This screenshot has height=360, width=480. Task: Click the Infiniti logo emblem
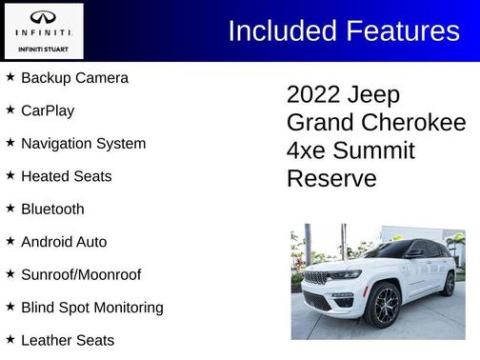tap(43, 18)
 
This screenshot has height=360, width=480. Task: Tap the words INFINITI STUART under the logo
tap(43, 48)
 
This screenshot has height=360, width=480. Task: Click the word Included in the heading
tap(282, 30)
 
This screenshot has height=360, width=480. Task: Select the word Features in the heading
tap(400, 30)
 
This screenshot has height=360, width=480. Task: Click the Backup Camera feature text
tap(74, 78)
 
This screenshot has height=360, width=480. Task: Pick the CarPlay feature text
tap(48, 110)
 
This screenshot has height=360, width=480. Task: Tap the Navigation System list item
tap(83, 144)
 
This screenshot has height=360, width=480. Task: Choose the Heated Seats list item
tap(66, 176)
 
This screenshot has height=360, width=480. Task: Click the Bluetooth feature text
tap(52, 209)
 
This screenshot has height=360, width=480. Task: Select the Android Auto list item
tap(64, 242)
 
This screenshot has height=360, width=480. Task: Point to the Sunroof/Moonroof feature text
tap(81, 274)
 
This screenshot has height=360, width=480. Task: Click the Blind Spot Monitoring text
tap(91, 308)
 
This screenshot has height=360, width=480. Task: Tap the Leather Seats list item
tap(68, 340)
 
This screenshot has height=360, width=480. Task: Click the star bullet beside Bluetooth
tap(10, 208)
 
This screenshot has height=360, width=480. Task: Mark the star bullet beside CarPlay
tap(10, 110)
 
